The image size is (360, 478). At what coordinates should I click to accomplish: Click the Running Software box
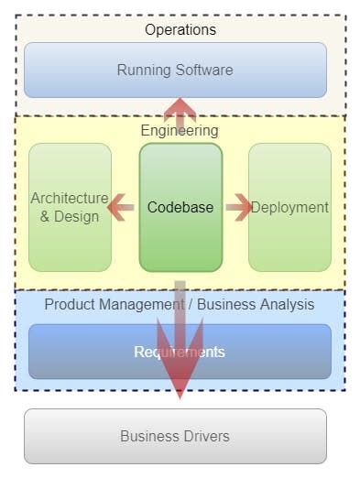175,70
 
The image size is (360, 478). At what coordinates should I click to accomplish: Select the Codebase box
180,207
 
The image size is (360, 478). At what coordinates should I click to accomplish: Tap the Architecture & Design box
70,207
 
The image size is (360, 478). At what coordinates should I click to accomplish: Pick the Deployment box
289,207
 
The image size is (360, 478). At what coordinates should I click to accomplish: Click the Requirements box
180,352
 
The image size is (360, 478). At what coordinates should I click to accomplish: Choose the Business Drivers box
175,436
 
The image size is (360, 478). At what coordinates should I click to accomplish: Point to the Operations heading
180,30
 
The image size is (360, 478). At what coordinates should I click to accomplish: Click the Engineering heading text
180,131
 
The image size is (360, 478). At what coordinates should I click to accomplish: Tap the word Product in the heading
69,304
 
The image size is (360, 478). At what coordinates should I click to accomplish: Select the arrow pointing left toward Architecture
120,208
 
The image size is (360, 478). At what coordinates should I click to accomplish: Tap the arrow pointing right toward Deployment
238,208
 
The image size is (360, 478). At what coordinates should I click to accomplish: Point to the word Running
144,70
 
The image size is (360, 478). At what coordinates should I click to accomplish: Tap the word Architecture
70,198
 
